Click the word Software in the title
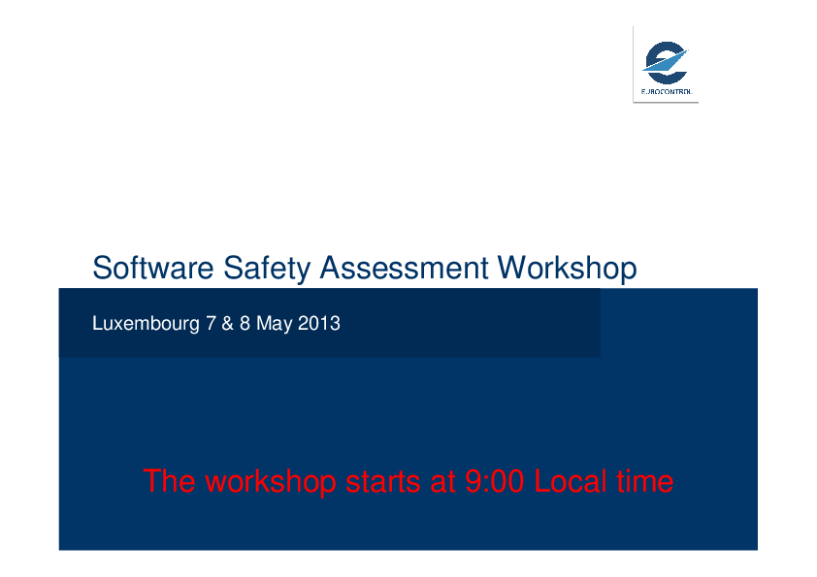point(152,268)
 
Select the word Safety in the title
point(267,269)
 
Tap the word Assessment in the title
point(404,268)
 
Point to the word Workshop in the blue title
point(567,269)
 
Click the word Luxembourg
point(146,324)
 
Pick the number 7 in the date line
point(211,323)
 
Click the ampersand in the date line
point(227,323)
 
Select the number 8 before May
point(245,323)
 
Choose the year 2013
point(319,323)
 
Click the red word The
point(169,481)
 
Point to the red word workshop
point(271,482)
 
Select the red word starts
point(383,482)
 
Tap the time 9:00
point(494,481)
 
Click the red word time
point(645,481)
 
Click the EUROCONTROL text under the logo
point(667,92)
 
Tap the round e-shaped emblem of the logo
point(666,62)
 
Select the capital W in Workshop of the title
point(513,268)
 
